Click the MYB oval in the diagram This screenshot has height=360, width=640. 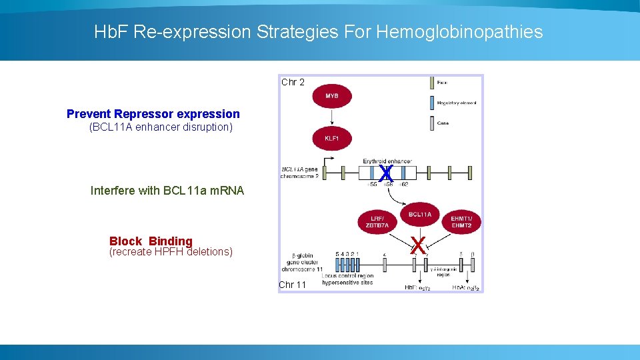click(331, 96)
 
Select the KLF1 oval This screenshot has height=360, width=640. click(331, 139)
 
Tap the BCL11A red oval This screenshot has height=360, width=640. click(420, 215)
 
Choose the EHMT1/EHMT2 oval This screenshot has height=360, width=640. click(461, 221)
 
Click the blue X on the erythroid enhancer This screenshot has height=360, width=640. click(385, 173)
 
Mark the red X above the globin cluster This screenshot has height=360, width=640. click(418, 245)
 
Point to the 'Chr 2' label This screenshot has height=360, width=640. click(293, 82)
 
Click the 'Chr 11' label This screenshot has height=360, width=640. click(293, 285)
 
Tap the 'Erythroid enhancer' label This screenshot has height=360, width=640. click(387, 161)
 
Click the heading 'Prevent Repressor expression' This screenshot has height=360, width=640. click(153, 114)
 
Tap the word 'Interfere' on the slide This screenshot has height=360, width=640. click(113, 191)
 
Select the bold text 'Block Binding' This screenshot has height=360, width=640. click(151, 241)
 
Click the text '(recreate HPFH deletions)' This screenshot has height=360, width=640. click(170, 252)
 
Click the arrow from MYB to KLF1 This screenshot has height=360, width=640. click(331, 117)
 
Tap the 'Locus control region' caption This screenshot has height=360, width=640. click(347, 275)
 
